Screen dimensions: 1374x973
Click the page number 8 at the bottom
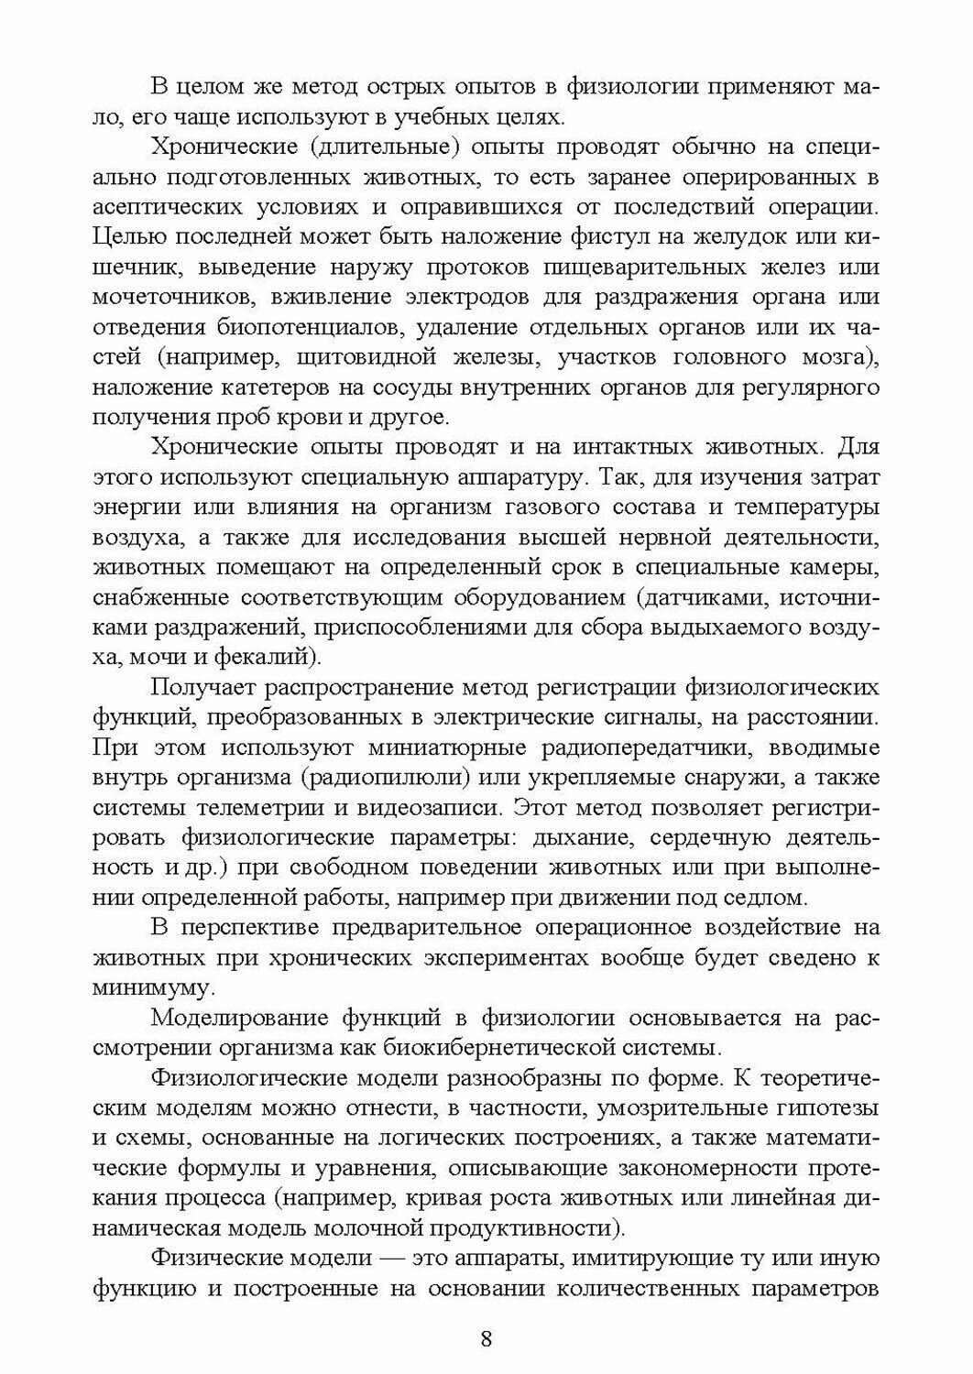pyautogui.click(x=486, y=1338)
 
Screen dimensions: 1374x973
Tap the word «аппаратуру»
pyautogui.click(x=505, y=477)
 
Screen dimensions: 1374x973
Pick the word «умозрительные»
pyautogui.click(x=679, y=1108)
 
